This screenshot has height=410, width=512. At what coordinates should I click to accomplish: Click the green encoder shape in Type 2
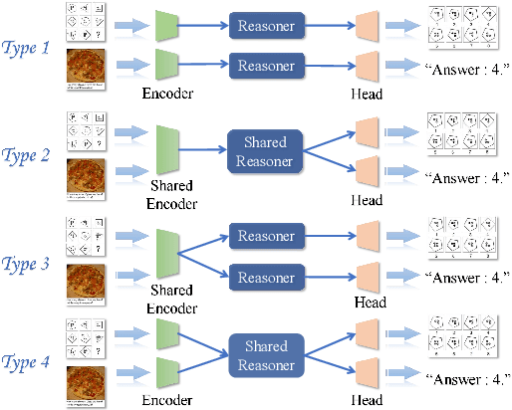(x=166, y=149)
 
